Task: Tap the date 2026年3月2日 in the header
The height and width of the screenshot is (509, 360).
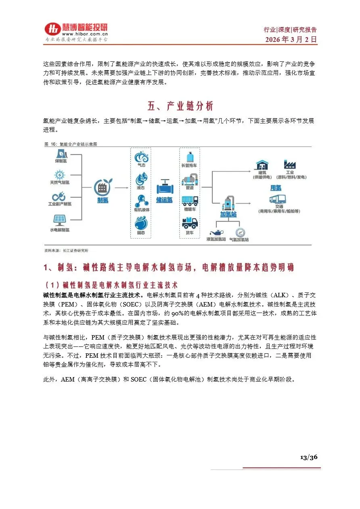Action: pyautogui.click(x=291, y=40)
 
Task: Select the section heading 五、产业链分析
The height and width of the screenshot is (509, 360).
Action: pyautogui.click(x=180, y=106)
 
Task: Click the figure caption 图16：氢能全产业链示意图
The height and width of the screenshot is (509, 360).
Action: pyautogui.click(x=71, y=144)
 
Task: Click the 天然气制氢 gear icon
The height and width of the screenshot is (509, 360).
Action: pyautogui.click(x=60, y=175)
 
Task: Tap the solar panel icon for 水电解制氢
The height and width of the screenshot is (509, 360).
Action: pyautogui.click(x=59, y=219)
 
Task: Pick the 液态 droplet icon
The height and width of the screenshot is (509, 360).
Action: pyautogui.click(x=141, y=178)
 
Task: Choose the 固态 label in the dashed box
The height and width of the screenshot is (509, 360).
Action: pyautogui.click(x=141, y=233)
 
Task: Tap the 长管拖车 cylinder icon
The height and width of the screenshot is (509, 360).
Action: pyautogui.click(x=189, y=156)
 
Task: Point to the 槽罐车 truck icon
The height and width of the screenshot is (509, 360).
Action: pyautogui.click(x=189, y=200)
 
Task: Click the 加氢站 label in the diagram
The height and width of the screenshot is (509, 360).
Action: pyautogui.click(x=228, y=214)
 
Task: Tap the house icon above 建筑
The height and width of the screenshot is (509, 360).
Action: pyautogui.click(x=261, y=165)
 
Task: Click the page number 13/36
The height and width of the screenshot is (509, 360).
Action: pyautogui.click(x=309, y=457)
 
